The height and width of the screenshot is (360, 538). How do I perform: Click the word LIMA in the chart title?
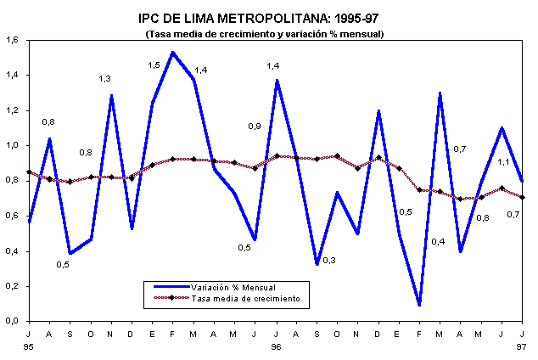(x=202, y=17)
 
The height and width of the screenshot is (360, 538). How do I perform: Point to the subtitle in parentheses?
(x=266, y=34)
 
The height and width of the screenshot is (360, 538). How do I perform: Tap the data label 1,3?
(x=104, y=79)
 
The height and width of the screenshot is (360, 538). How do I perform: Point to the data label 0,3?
(x=329, y=260)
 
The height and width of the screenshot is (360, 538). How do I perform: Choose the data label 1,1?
(x=503, y=162)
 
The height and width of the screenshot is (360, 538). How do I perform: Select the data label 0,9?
(x=254, y=127)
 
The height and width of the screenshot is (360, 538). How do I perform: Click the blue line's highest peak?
(x=173, y=53)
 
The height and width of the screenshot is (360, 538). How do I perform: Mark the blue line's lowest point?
(x=420, y=304)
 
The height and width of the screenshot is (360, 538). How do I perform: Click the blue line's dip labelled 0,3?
(x=317, y=264)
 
